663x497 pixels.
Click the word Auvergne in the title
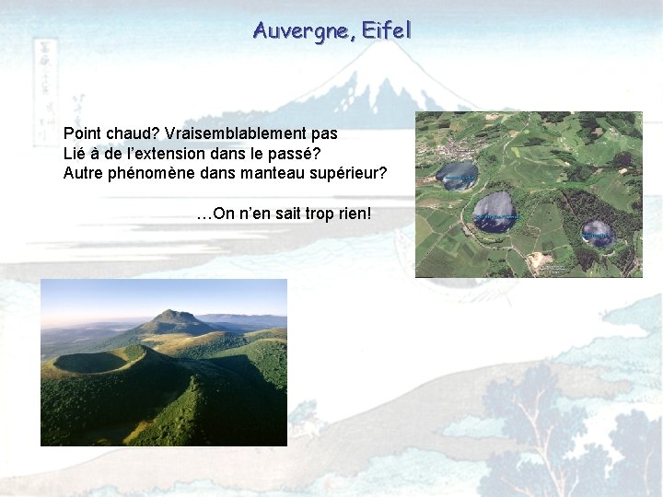304,30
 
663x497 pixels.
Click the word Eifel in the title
387,30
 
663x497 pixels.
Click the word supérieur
348,173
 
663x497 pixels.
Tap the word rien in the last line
355,214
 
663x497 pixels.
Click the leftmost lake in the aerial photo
457,175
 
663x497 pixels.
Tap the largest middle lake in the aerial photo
494,212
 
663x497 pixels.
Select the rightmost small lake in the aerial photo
597,233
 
